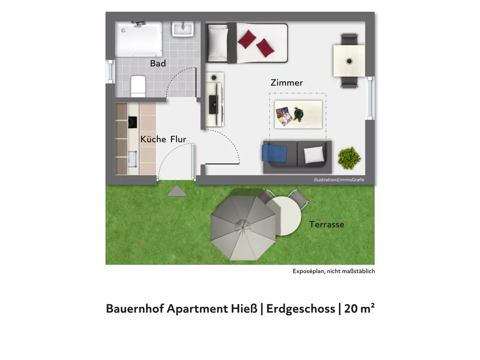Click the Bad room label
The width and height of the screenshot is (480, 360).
[x=158, y=63]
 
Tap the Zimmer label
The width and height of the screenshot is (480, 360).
[x=286, y=83]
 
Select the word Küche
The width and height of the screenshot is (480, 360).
[x=153, y=139]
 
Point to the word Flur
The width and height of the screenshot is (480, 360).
[x=178, y=139]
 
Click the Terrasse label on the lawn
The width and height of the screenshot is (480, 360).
[x=326, y=224]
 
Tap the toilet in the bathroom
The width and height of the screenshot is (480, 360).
[x=138, y=86]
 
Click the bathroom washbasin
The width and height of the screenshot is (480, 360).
[x=183, y=29]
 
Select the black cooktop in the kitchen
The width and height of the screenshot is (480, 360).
[x=132, y=122]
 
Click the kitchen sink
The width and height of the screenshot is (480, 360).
[x=133, y=159]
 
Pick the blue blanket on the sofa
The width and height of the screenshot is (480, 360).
[x=274, y=154]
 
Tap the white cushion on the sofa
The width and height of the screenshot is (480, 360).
[x=314, y=155]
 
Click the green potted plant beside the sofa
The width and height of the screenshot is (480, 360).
[x=349, y=158]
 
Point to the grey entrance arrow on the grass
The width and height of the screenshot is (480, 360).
[x=177, y=191]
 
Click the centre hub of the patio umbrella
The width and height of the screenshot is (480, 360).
[x=243, y=228]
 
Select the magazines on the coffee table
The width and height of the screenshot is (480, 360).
[x=284, y=116]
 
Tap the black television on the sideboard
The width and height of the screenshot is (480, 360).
[x=214, y=104]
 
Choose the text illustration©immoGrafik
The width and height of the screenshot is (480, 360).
[x=339, y=180]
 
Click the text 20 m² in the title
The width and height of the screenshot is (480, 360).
[x=359, y=308]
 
